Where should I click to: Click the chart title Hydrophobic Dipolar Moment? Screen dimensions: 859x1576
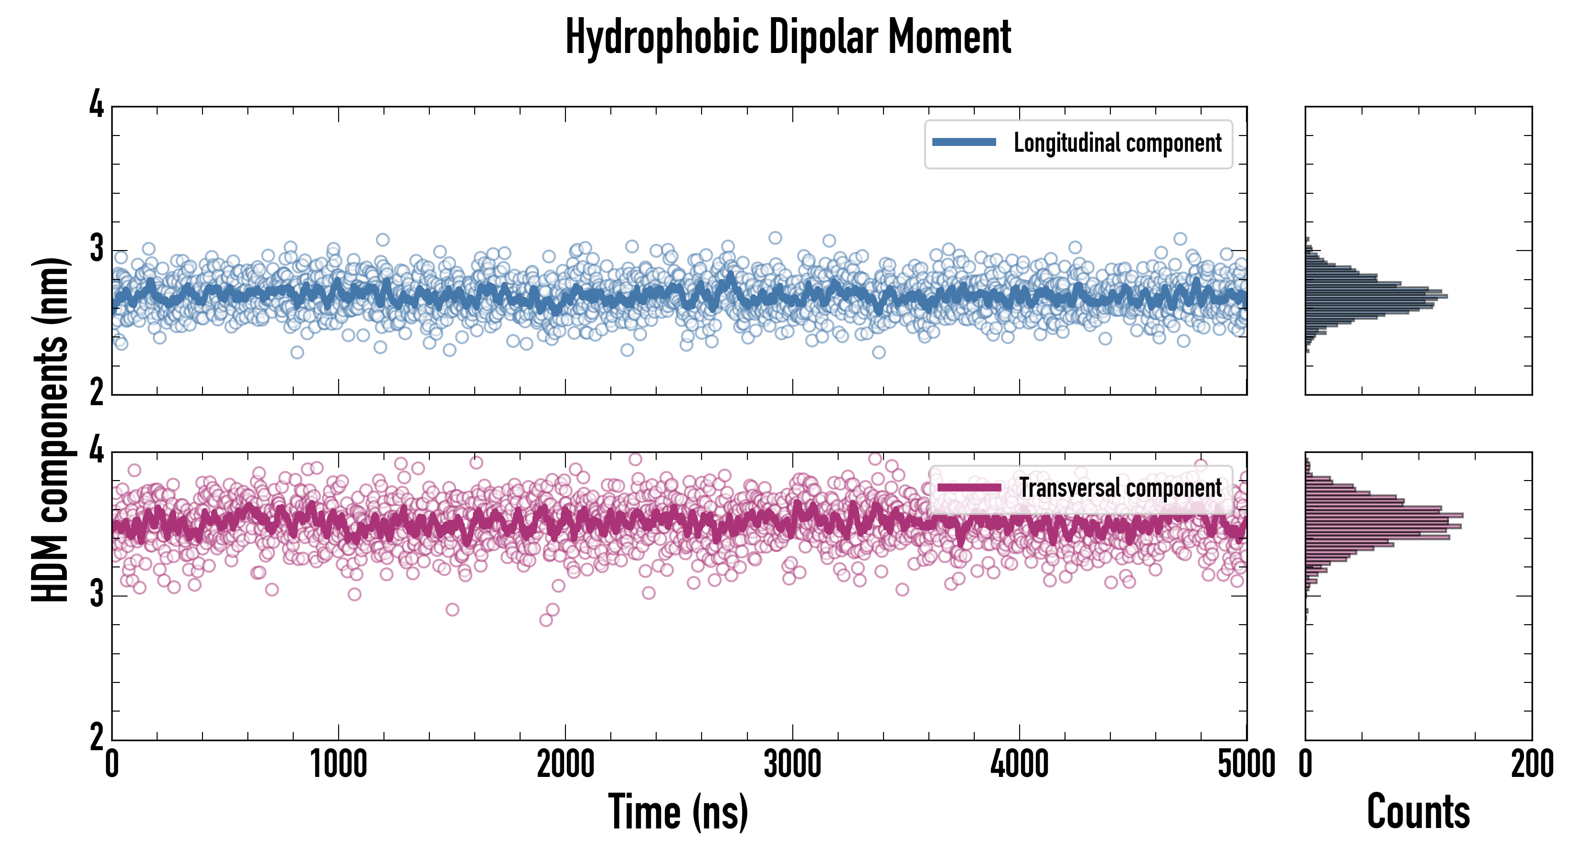788,38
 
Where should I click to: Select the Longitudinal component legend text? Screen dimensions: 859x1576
1117,143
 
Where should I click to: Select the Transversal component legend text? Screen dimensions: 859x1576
1120,488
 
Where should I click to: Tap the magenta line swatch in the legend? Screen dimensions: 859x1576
969,488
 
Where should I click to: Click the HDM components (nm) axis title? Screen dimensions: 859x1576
50,429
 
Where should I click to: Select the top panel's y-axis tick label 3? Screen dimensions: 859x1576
96,250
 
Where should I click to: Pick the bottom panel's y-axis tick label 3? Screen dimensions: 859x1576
96,594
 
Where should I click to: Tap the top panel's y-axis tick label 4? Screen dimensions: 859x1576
96,105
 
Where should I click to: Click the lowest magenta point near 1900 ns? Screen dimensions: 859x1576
546,620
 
